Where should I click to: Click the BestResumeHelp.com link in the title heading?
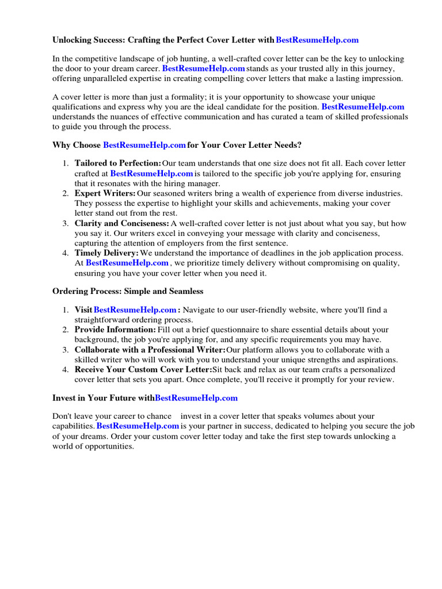coord(317,40)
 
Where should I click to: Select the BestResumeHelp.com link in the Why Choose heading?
coord(144,145)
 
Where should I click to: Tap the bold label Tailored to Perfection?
coord(117,164)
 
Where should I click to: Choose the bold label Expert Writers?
coord(105,193)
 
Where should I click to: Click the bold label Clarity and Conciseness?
coord(121,223)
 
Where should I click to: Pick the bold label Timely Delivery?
coord(106,253)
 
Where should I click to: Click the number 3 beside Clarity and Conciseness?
coord(66,223)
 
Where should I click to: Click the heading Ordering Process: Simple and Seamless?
coord(128,291)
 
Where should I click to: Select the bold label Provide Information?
coord(115,330)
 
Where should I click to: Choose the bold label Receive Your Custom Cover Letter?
coord(143,369)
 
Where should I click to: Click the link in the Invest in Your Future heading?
coord(196,397)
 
